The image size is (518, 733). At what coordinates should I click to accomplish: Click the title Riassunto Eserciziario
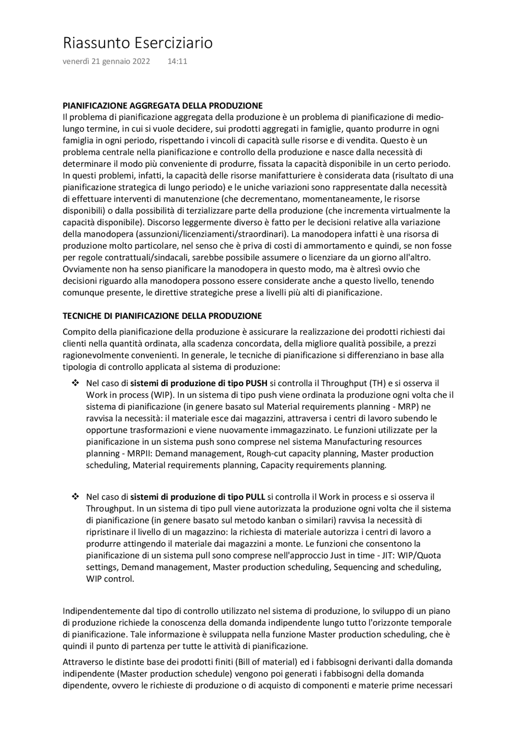[138, 43]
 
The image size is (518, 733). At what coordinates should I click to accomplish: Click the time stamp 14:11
[177, 62]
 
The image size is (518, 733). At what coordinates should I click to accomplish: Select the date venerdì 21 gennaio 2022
[106, 62]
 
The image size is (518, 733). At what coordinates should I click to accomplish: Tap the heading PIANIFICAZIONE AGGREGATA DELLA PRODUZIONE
[162, 106]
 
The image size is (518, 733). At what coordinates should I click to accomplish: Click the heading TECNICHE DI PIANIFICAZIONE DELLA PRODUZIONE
[162, 316]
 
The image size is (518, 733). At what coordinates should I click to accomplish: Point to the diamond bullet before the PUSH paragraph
[75, 383]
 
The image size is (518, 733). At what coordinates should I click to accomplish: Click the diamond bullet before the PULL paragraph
[75, 497]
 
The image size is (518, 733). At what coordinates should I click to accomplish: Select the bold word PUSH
[257, 383]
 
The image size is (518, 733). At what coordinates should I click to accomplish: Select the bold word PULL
[255, 497]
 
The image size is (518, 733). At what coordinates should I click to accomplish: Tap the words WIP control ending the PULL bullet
[109, 579]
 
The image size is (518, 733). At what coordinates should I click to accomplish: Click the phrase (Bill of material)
[262, 662]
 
